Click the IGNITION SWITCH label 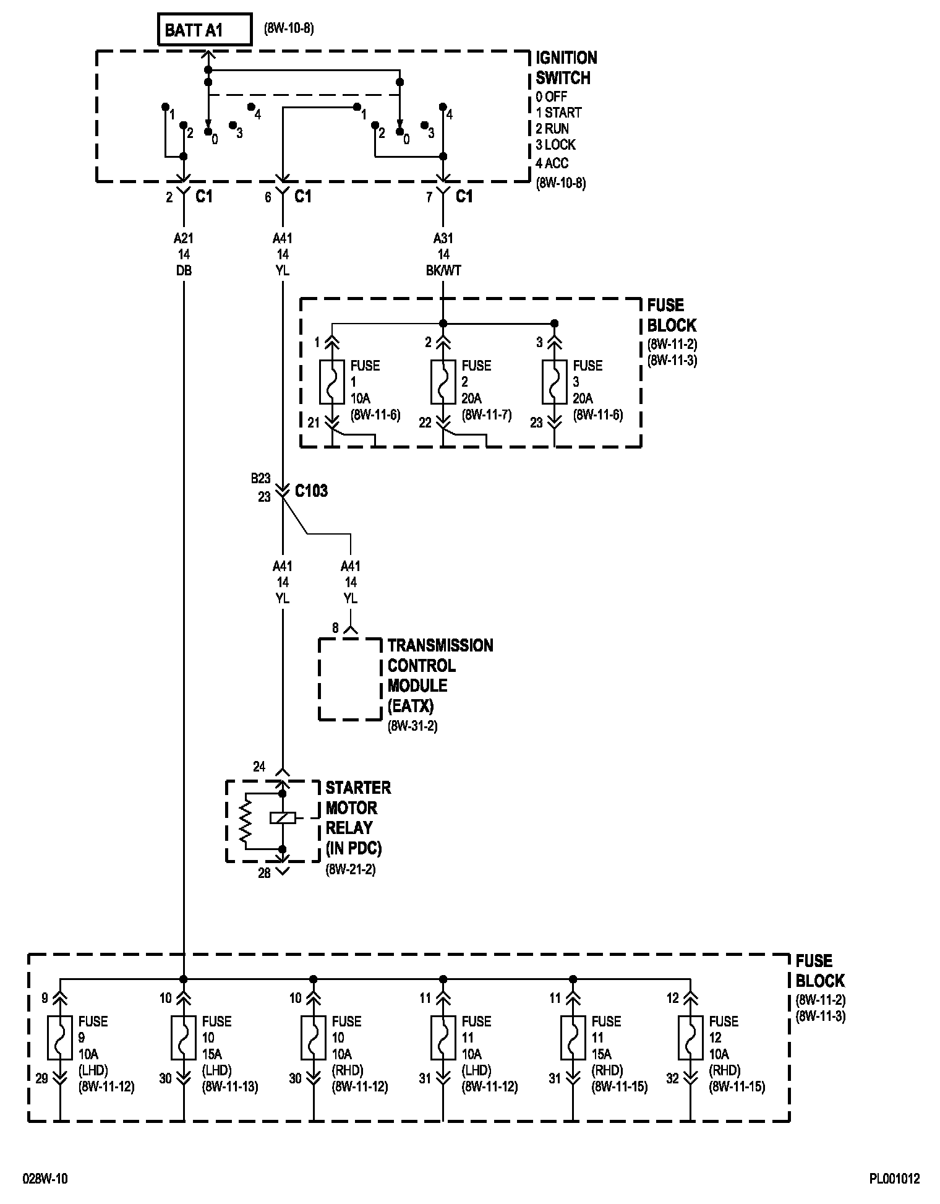[566, 68]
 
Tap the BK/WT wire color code [443, 270]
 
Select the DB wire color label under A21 [184, 270]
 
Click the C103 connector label [311, 491]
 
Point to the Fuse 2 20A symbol [443, 382]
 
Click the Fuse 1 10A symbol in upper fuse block [332, 382]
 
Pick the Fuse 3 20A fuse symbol [555, 382]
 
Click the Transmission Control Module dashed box [351, 679]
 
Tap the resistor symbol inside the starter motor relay [246, 821]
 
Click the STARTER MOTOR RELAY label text [358, 817]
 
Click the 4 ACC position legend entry [552, 163]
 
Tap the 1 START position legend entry [558, 113]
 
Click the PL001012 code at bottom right [894, 1179]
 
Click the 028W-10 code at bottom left [45, 1179]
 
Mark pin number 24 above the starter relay [259, 767]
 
